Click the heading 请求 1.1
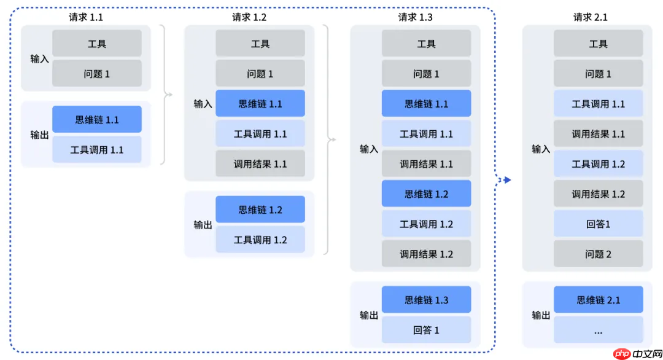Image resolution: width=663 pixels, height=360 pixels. coord(85,17)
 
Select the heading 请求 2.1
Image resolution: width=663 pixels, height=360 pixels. coord(590,17)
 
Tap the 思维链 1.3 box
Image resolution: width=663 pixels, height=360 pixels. coord(426,300)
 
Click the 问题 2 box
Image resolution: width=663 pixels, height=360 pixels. coord(598,254)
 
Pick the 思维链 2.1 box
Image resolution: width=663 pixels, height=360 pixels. coord(598,300)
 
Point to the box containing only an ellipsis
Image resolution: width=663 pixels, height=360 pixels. coord(598,330)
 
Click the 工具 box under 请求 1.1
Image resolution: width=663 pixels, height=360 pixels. coord(97,44)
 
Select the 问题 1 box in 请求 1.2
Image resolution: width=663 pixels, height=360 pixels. coord(260,74)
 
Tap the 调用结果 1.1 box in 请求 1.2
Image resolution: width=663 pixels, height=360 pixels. coord(260,164)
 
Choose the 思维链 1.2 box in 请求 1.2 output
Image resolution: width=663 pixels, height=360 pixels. coord(260,209)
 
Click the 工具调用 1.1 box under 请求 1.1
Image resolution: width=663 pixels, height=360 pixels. coord(97,149)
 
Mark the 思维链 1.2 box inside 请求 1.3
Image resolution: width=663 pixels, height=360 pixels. coord(426,194)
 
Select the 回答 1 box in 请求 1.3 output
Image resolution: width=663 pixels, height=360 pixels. coord(426,330)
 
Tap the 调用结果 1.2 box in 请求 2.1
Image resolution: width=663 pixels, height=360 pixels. coord(598,194)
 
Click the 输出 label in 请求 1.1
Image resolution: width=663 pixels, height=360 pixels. coord(39,135)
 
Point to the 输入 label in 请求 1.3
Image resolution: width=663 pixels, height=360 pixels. coord(369,149)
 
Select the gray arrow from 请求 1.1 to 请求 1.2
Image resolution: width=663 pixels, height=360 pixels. coord(169,95)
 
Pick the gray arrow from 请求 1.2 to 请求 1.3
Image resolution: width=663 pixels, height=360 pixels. coord(333,139)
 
